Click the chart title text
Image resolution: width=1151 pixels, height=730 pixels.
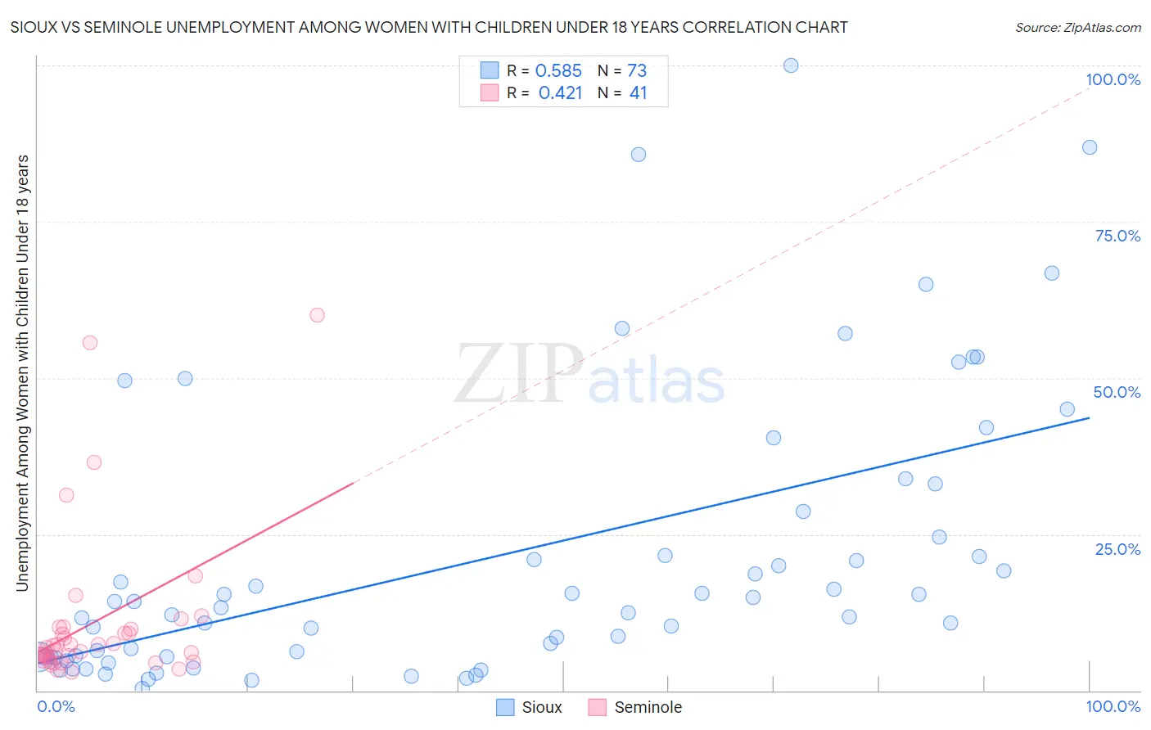click(x=428, y=27)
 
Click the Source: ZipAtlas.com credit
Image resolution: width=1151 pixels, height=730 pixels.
click(x=1077, y=27)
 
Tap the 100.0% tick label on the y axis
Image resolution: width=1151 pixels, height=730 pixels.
click(x=1113, y=79)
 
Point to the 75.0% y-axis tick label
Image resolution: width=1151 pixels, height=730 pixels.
click(x=1117, y=236)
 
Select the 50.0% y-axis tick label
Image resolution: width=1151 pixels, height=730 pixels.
click(x=1117, y=392)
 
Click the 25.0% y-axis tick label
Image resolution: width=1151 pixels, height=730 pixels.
click(x=1117, y=549)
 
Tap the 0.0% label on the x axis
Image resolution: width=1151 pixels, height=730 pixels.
click(x=56, y=707)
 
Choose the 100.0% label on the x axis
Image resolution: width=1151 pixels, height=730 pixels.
click(x=1113, y=707)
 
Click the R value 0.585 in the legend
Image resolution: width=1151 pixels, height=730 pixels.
click(x=558, y=70)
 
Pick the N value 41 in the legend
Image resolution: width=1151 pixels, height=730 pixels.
click(x=638, y=92)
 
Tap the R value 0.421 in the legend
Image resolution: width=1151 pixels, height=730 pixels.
click(x=560, y=92)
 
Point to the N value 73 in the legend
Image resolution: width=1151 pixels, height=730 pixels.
click(x=637, y=70)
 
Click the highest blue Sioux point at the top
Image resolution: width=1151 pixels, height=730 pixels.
click(x=791, y=65)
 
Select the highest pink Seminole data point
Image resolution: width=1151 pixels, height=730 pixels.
click(x=317, y=315)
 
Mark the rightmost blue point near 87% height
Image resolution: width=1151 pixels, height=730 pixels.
click(x=1090, y=147)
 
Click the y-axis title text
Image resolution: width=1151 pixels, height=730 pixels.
click(x=22, y=372)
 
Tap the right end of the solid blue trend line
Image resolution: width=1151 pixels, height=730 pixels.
click(x=1089, y=418)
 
